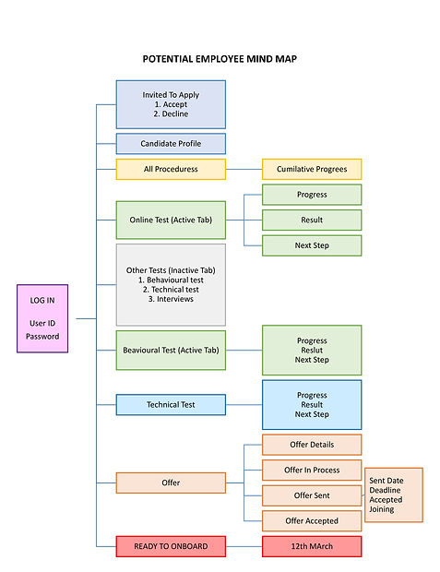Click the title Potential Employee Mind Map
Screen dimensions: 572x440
coord(220,59)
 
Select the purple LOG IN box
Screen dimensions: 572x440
coord(42,318)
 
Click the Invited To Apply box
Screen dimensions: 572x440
coord(171,104)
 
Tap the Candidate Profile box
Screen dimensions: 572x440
coord(171,144)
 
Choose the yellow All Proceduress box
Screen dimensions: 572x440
coord(171,170)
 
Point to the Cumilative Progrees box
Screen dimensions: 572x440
coord(312,170)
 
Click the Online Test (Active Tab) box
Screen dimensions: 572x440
coord(171,220)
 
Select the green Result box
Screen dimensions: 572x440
coord(312,220)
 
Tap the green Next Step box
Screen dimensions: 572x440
coord(312,245)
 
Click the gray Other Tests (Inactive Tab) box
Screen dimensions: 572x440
coord(171,284)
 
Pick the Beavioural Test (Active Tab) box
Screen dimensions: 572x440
coord(171,351)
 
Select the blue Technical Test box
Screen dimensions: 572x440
coord(171,405)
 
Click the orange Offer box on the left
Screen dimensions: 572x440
coord(171,483)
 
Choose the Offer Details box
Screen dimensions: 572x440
coord(312,445)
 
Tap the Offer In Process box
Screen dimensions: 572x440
coord(312,470)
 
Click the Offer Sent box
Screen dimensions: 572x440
coord(312,495)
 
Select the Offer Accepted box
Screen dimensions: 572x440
coord(312,521)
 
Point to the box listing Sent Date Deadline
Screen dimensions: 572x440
coord(394,495)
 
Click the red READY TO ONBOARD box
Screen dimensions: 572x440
coord(171,546)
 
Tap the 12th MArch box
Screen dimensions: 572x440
coord(312,546)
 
